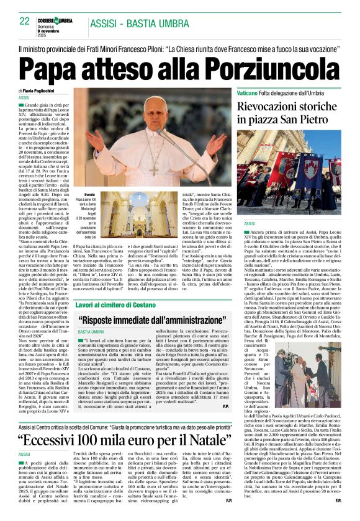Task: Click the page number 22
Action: pyautogui.click(x=25, y=22)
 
